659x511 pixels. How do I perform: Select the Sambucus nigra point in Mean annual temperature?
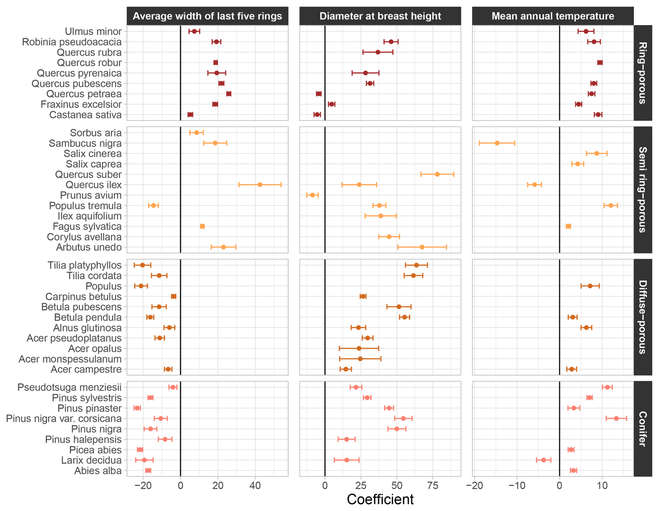pos(497,143)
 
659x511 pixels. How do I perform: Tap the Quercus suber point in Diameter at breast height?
pos(437,174)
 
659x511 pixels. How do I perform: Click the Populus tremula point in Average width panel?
pos(153,206)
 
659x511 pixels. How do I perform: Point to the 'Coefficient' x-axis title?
pos(380,499)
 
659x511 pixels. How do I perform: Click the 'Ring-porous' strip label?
pos(643,73)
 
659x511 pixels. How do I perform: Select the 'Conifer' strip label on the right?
pos(643,429)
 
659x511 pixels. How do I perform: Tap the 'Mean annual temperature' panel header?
pos(553,16)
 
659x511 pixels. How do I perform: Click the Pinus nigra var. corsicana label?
pos(64,418)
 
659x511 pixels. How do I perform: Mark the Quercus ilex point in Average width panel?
pos(260,185)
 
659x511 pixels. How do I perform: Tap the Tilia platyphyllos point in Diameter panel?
pos(416,265)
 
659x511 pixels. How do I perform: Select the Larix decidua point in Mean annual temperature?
pos(543,460)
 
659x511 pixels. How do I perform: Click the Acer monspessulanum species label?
pos(70,359)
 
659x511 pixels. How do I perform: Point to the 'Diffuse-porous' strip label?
pos(643,317)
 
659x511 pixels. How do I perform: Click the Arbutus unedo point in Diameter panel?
pos(422,247)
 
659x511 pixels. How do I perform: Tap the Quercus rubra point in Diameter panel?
pos(378,52)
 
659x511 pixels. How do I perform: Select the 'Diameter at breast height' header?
pos(380,16)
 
